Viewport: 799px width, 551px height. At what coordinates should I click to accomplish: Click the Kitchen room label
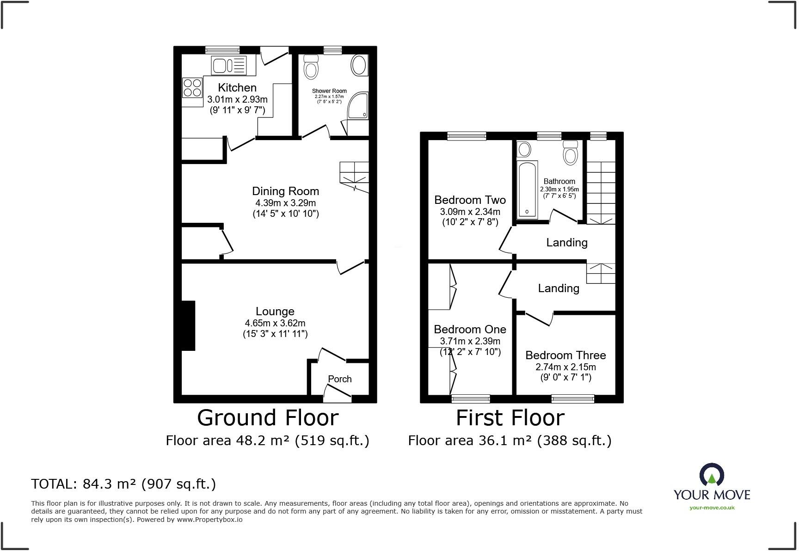(237, 87)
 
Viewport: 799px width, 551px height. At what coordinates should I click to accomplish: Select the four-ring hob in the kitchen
(192, 88)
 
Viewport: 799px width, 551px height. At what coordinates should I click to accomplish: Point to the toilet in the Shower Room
(311, 67)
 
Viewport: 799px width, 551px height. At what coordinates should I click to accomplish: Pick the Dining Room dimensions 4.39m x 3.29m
(285, 203)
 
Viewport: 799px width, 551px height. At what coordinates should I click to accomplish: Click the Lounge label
(275, 312)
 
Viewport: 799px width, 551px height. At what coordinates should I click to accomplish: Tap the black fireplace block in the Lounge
(188, 325)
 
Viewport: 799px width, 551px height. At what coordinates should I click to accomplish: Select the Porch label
(339, 379)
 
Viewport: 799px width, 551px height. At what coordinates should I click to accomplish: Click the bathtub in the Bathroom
(527, 190)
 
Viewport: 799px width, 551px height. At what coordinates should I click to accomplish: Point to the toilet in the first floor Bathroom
(571, 153)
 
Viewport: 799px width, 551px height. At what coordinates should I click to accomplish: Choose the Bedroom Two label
(470, 200)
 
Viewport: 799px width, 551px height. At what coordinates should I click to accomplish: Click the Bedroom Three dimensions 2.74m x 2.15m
(565, 367)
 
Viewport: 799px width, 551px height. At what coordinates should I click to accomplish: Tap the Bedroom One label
(470, 330)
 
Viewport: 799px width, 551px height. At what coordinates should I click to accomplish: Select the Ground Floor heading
(268, 418)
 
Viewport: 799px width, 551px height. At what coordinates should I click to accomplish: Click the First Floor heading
(510, 418)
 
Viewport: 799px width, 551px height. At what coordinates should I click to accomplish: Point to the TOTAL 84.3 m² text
(123, 484)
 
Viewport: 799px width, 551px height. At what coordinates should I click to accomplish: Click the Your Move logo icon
(712, 475)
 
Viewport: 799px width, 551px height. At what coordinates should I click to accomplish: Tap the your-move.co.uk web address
(712, 508)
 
